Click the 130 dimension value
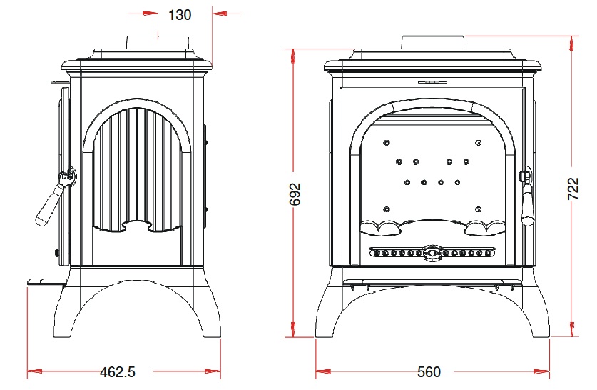click(180, 15)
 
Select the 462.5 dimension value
click(118, 371)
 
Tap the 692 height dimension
click(295, 194)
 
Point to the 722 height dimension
click(573, 189)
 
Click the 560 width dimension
click(429, 371)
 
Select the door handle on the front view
click(526, 196)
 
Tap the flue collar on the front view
click(433, 42)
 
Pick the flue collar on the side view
click(158, 42)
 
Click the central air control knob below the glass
click(432, 253)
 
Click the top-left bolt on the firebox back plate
click(387, 143)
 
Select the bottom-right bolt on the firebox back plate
click(479, 209)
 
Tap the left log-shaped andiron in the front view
click(381, 228)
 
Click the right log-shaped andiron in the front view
click(485, 228)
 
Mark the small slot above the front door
click(433, 81)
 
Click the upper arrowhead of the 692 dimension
click(292, 56)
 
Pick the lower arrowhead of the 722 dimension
click(571, 329)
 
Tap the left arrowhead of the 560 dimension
click(323, 371)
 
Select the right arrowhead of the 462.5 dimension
click(213, 371)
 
